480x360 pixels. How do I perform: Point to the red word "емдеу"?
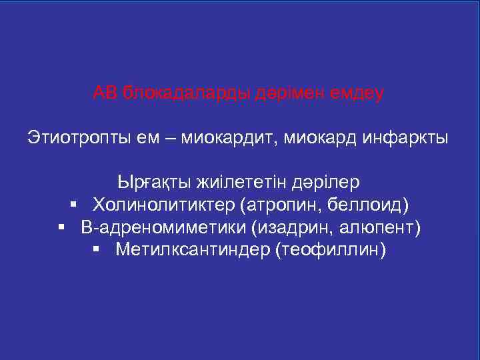click(358, 93)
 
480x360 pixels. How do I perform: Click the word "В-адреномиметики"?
click(163, 227)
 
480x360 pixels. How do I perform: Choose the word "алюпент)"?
click(381, 227)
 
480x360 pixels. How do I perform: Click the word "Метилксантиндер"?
click(190, 250)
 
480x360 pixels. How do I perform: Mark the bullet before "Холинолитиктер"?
click(74, 204)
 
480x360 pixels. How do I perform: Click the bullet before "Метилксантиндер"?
click(97, 249)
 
